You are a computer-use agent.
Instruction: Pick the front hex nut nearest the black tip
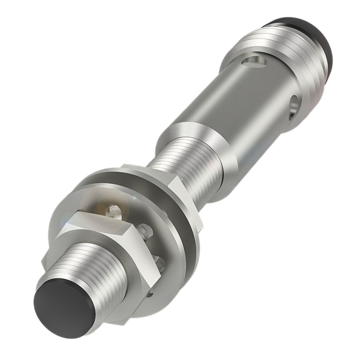point(119,248)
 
